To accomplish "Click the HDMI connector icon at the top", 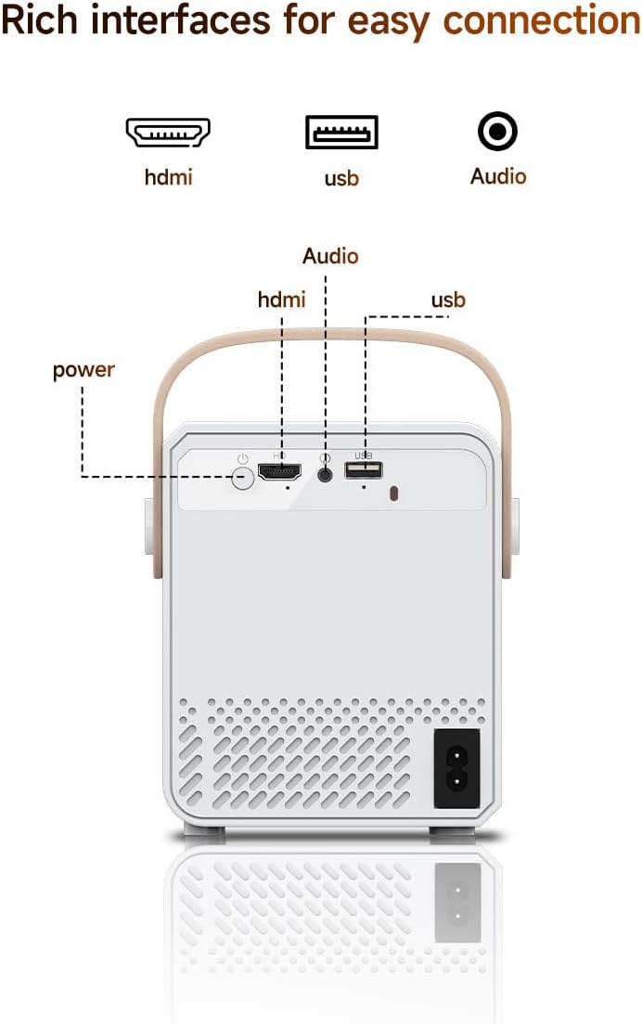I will (168, 133).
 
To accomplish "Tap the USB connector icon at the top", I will (341, 132).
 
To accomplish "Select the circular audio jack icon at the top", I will (497, 132).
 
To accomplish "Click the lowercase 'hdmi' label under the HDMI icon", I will (168, 176).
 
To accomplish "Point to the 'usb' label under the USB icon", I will (341, 177).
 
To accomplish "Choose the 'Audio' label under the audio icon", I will (498, 176).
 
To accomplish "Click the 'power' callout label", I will (83, 370).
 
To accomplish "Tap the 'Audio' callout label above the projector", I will (330, 256).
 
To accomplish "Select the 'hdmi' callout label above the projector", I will (281, 300).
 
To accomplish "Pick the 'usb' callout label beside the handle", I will (448, 300).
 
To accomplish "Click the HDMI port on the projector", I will (279, 472).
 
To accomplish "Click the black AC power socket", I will (456, 768).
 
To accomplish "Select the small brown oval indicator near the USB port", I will (392, 493).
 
